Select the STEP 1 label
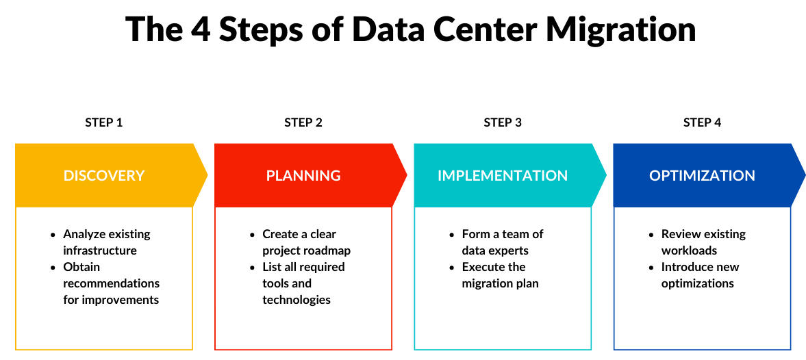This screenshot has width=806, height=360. click(104, 123)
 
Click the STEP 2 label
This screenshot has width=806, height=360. click(303, 123)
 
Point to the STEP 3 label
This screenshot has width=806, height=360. click(503, 123)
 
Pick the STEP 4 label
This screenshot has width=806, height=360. click(702, 123)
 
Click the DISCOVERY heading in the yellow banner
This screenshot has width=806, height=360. click(104, 175)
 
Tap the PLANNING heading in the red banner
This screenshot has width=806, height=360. click(303, 175)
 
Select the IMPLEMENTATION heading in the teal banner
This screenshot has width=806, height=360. click(503, 175)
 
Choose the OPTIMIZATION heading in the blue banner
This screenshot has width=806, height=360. click(702, 175)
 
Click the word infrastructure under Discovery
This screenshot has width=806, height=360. click(100, 250)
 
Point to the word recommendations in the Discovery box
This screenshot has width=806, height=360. click(111, 283)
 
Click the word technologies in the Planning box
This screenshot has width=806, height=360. click(297, 300)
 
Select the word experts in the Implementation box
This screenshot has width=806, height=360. click(507, 250)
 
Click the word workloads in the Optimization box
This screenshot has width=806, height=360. click(689, 250)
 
